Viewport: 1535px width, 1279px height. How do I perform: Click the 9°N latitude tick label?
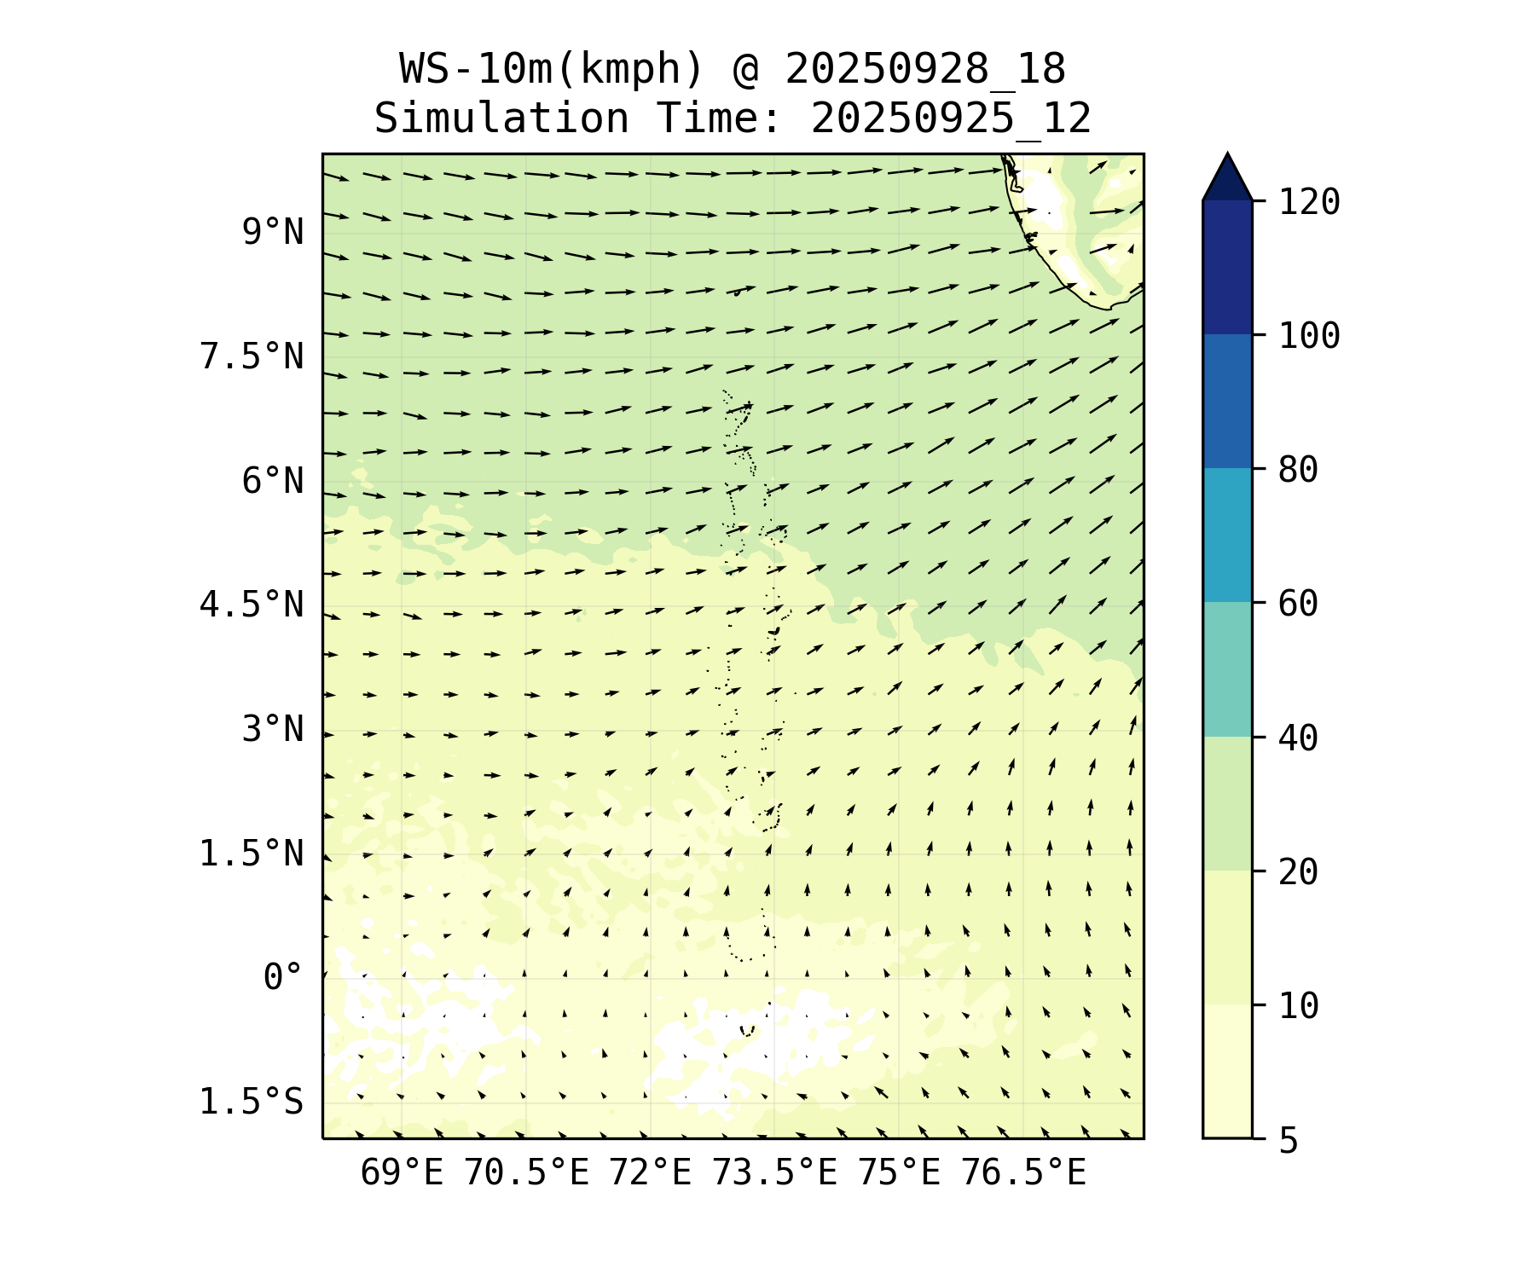click(272, 232)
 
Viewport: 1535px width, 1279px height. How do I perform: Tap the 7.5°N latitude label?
click(251, 356)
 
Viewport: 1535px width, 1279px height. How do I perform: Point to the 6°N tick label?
click(272, 481)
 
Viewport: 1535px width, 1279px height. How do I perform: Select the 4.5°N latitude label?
click(251, 605)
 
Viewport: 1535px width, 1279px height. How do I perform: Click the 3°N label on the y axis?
click(272, 729)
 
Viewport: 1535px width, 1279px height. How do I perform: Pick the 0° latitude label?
click(282, 977)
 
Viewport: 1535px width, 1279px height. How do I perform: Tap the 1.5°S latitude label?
click(251, 1102)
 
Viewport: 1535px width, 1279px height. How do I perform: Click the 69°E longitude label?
click(402, 1173)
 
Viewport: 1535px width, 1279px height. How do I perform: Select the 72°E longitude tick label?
click(650, 1173)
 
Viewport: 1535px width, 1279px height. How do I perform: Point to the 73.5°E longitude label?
click(774, 1173)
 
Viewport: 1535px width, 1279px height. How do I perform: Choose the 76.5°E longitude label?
click(1023, 1173)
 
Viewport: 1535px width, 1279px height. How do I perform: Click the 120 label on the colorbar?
click(1309, 202)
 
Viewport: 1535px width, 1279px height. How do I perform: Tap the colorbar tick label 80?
click(1298, 470)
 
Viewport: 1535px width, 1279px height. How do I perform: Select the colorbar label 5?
click(1288, 1140)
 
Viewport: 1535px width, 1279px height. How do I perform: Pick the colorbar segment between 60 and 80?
click(1227, 535)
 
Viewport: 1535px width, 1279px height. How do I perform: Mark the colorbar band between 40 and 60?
click(1227, 669)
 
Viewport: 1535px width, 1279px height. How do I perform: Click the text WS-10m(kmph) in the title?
click(552, 69)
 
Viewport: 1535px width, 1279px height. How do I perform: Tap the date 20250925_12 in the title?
click(951, 119)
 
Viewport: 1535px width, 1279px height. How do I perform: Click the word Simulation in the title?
click(501, 119)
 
